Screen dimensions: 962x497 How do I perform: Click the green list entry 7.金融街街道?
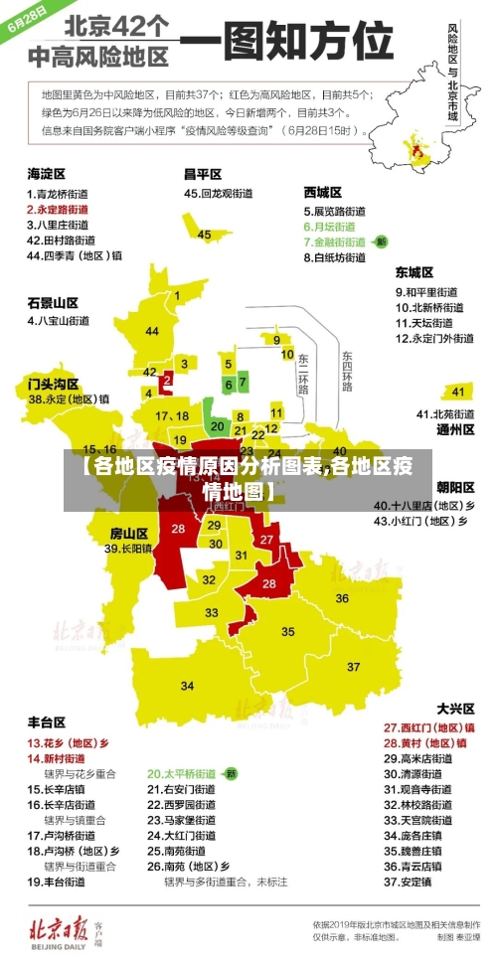(x=339, y=241)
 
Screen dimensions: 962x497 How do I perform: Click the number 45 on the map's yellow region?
(x=204, y=235)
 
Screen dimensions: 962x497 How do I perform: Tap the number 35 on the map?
(x=288, y=631)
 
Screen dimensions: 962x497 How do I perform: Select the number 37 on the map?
(x=188, y=686)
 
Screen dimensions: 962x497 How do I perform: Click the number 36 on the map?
(x=342, y=598)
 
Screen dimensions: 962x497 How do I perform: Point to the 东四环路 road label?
(x=347, y=370)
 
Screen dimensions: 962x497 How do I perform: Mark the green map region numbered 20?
(x=217, y=426)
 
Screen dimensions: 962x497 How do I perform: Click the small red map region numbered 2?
(x=167, y=380)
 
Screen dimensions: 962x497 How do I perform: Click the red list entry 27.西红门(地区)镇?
(x=428, y=727)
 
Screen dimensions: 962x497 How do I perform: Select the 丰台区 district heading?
(x=46, y=722)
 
